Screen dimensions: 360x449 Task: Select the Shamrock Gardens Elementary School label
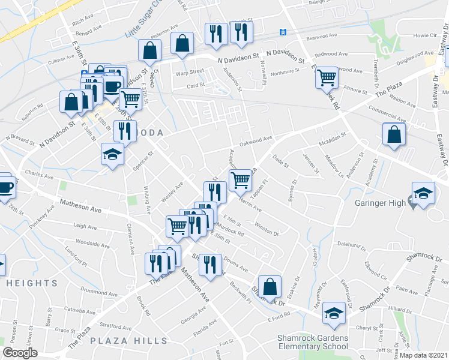coord(312,342)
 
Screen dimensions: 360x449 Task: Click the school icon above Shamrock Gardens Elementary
coord(334,312)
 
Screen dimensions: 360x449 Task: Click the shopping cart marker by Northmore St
coord(327,76)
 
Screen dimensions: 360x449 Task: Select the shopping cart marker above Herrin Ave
coord(240,179)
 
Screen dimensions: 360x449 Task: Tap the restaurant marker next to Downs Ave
coord(209,264)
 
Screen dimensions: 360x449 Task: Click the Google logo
coord(20,353)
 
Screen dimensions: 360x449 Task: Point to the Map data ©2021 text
coord(424,355)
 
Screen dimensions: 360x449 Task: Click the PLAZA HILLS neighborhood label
coord(129,341)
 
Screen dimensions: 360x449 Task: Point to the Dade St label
coord(281,160)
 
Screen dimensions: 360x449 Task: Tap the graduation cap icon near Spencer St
coord(112,154)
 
